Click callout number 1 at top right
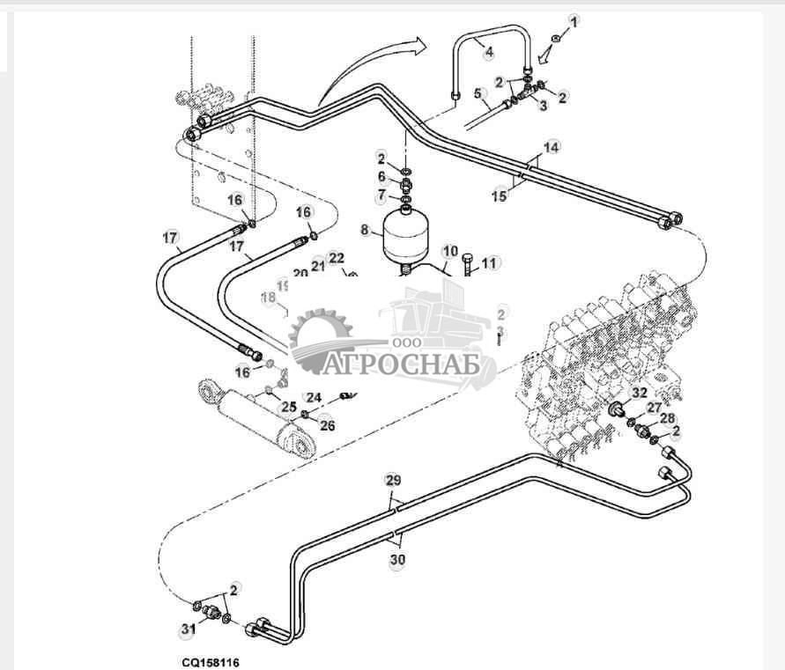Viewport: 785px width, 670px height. point(574,20)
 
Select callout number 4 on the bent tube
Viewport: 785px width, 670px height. point(489,51)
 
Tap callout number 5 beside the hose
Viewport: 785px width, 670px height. point(478,93)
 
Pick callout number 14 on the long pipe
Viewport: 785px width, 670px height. point(551,147)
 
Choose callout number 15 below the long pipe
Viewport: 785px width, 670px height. point(500,195)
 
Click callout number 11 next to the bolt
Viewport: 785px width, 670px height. point(490,261)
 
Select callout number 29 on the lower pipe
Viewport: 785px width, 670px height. point(393,480)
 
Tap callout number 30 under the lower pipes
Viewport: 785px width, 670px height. point(397,558)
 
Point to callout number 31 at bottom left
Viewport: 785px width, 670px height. point(187,630)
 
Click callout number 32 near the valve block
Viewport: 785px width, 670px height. point(640,393)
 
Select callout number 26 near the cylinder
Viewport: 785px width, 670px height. point(327,425)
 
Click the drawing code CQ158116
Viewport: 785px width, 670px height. point(205,661)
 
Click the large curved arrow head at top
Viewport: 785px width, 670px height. point(416,46)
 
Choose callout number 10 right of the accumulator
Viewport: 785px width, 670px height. point(450,251)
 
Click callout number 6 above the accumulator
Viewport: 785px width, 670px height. point(381,176)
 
